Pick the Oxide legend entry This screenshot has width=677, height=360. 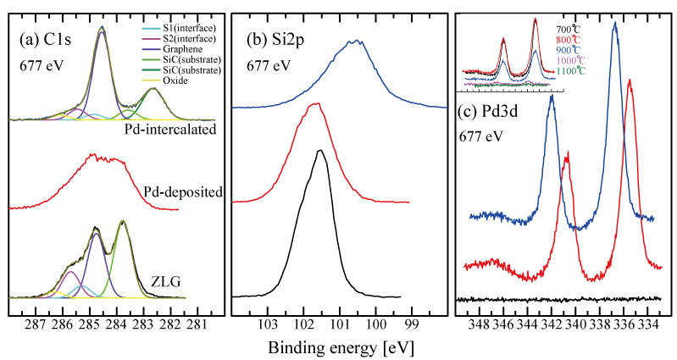173,81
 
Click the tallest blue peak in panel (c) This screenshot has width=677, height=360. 614,24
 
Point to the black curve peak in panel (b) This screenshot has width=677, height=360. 319,151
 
